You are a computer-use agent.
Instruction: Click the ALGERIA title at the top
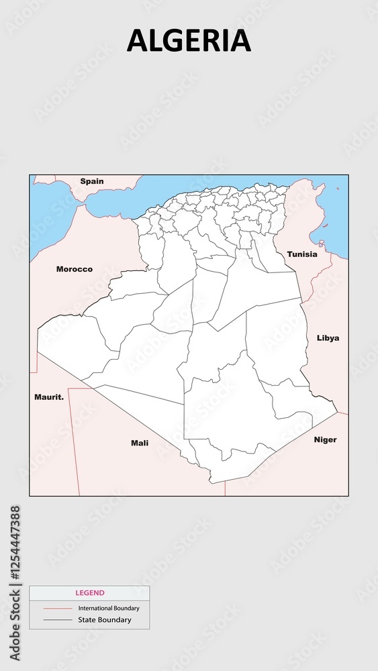pos(189,41)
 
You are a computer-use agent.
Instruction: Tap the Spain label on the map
pos(92,181)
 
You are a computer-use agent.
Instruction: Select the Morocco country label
pos(75,269)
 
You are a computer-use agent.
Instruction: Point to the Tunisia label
pos(302,254)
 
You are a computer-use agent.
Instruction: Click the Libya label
pos(328,338)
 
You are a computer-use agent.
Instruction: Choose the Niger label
pos(325,440)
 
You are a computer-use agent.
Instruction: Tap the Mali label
pos(140,443)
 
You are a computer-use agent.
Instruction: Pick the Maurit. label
pos(49,397)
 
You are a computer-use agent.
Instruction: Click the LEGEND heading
pos(89,593)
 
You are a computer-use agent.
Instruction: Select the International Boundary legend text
pos(109,609)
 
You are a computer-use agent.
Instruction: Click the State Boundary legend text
pos(105,620)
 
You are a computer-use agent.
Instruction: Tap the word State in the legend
pos(88,620)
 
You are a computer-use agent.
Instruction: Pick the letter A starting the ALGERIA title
pos(136,41)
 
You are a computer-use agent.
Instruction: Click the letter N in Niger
pos(317,440)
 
